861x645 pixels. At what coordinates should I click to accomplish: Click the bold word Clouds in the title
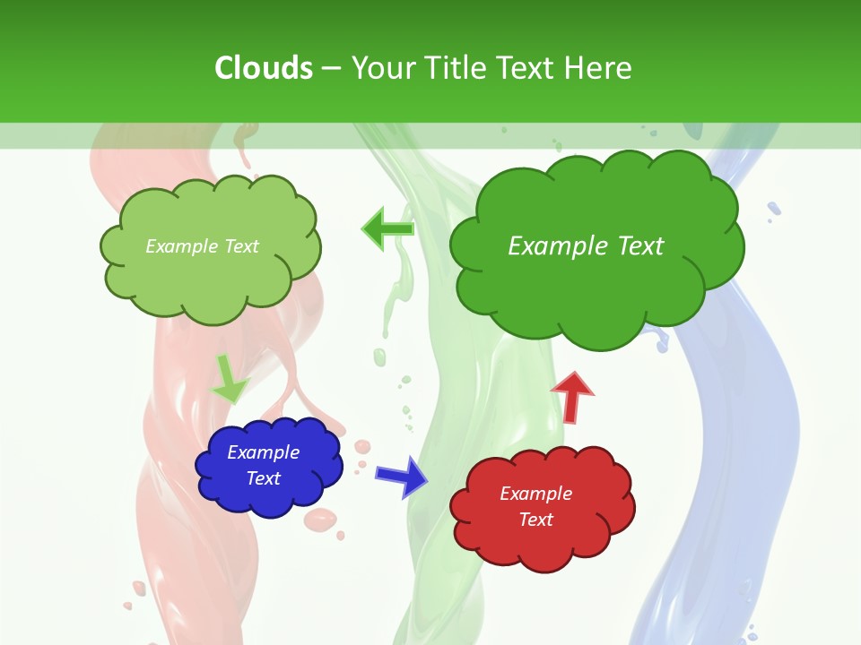pyautogui.click(x=264, y=68)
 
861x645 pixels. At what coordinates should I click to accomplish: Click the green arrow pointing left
pyautogui.click(x=387, y=229)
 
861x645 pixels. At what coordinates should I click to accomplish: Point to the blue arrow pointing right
pyautogui.click(x=402, y=476)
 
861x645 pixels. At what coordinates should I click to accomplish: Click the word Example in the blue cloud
pyautogui.click(x=263, y=452)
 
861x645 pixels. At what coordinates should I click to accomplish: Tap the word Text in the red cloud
pyautogui.click(x=535, y=520)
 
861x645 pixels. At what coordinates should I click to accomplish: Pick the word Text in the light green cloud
pyautogui.click(x=239, y=246)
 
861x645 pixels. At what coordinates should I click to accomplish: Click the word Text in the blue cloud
pyautogui.click(x=263, y=478)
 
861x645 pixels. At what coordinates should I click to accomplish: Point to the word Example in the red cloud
pyautogui.click(x=535, y=494)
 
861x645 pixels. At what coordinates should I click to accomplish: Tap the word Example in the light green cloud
pyautogui.click(x=180, y=246)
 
